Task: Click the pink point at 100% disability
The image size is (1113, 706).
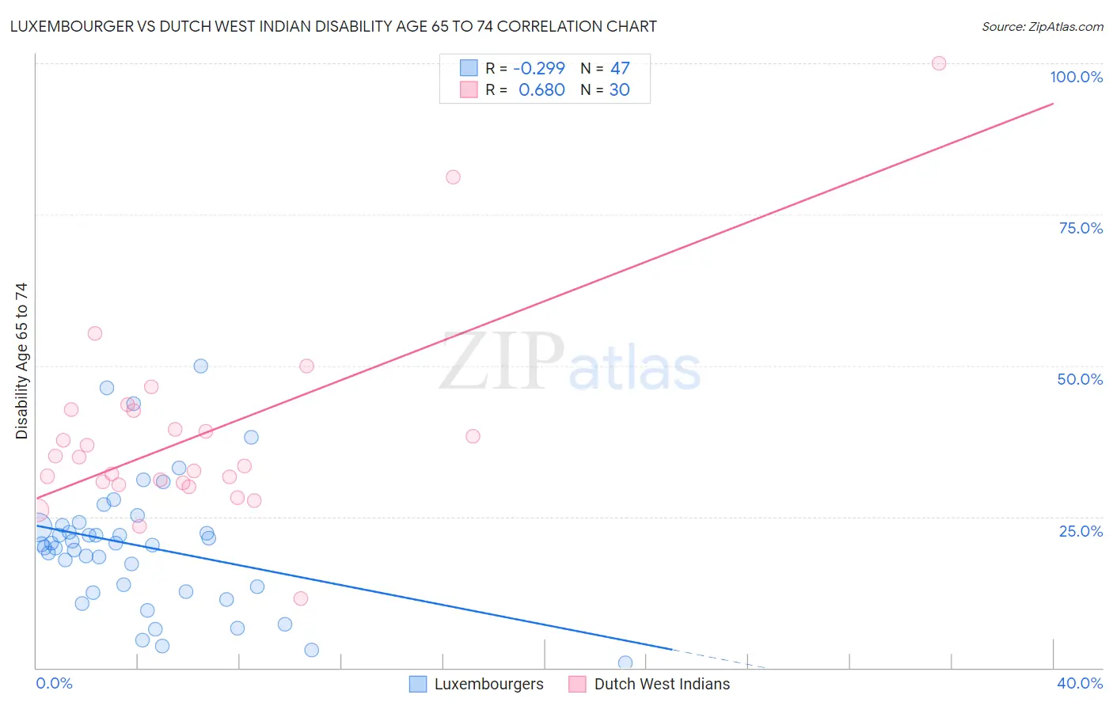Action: pyautogui.click(x=939, y=63)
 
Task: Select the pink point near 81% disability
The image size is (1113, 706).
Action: pyautogui.click(x=453, y=177)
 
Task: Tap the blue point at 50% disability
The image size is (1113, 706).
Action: pyautogui.click(x=201, y=366)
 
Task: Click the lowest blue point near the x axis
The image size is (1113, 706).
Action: pyautogui.click(x=625, y=662)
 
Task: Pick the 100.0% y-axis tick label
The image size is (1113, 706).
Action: pyautogui.click(x=1076, y=77)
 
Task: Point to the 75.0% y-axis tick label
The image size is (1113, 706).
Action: pyautogui.click(x=1081, y=228)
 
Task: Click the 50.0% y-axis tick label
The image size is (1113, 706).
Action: pyautogui.click(x=1080, y=379)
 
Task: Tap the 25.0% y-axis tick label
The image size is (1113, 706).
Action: pyautogui.click(x=1081, y=531)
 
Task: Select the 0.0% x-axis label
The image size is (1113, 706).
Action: pyautogui.click(x=54, y=683)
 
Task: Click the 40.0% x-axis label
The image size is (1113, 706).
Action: pyautogui.click(x=1079, y=683)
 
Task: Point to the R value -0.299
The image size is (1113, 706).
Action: pyautogui.click(x=539, y=68)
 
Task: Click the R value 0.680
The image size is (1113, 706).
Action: pyautogui.click(x=541, y=89)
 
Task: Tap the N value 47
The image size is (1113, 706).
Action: pyautogui.click(x=620, y=68)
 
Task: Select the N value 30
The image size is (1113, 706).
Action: pyautogui.click(x=619, y=89)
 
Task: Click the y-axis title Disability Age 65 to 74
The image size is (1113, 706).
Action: pyautogui.click(x=21, y=360)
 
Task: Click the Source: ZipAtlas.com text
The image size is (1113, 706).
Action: pyautogui.click(x=1043, y=26)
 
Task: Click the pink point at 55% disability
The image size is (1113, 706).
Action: pyautogui.click(x=95, y=333)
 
